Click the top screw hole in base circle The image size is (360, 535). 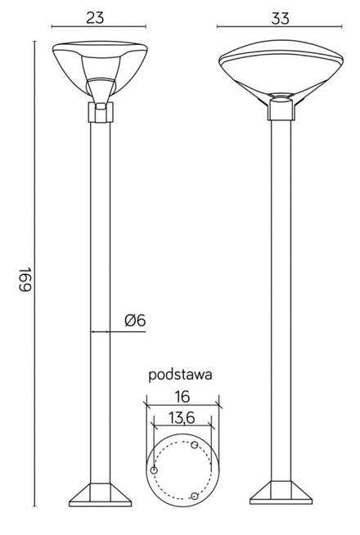pyautogui.click(x=194, y=446)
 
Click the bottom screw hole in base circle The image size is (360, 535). pyautogui.click(x=194, y=496)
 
